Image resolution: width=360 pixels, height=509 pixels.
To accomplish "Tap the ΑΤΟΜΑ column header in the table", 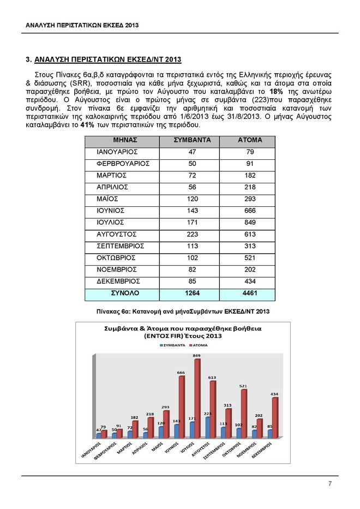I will (x=250, y=140).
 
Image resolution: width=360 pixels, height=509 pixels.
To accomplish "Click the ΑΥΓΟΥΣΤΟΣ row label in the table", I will (x=116, y=234).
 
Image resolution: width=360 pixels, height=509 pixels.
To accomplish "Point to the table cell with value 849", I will (x=250, y=223).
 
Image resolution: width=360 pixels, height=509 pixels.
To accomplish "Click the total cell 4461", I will (x=250, y=293).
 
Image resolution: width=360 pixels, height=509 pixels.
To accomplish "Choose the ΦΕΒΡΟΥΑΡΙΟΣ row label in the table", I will (x=119, y=164).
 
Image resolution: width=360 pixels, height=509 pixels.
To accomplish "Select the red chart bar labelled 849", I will (x=197, y=398).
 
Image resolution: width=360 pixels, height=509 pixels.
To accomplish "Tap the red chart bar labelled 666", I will (x=182, y=406).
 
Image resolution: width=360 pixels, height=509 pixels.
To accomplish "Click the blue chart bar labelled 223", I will (x=208, y=427).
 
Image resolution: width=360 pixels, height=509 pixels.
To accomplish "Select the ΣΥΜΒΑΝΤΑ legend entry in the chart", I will (x=174, y=346).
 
